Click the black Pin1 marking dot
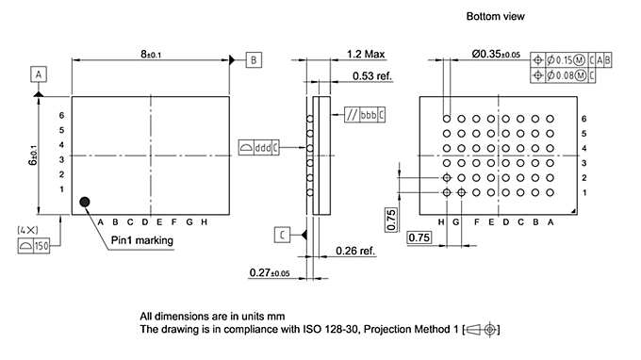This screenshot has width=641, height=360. tap(86, 202)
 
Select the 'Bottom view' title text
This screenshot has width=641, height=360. tap(495, 17)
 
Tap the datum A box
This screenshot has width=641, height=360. tap(39, 73)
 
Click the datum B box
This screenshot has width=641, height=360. tap(255, 59)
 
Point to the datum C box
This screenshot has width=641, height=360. tap(283, 234)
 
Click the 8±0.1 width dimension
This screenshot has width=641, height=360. tap(151, 56)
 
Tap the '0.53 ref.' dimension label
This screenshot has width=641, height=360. tap(372, 76)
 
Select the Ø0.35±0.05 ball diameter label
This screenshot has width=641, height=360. tap(496, 55)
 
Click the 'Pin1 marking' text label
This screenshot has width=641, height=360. tap(141, 240)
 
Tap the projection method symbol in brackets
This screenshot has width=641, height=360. tap(482, 329)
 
